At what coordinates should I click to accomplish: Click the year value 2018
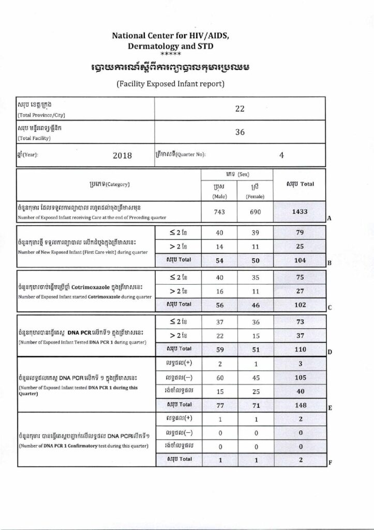tap(122, 155)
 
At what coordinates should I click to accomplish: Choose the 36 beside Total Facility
tap(240, 132)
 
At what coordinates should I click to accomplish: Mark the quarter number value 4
tap(281, 154)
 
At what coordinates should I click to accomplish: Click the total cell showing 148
tap(300, 404)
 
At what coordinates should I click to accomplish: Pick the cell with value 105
tap(300, 378)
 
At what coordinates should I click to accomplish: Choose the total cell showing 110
tap(300, 349)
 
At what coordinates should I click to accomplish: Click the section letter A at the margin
tap(329, 219)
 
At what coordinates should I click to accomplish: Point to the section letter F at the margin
tap(330, 463)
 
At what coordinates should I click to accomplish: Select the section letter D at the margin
tap(329, 353)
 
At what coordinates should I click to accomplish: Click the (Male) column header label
tap(218, 196)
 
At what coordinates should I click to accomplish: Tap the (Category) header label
tap(109, 184)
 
